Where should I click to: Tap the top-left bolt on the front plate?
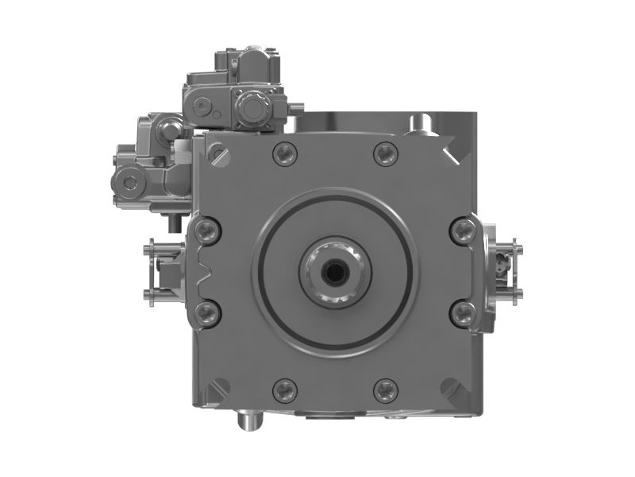(284, 153)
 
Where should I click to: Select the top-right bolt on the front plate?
(385, 153)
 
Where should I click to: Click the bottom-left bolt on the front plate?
(284, 390)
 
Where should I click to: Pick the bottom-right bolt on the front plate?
(385, 390)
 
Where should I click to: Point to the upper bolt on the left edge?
(207, 231)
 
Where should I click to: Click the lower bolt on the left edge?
(207, 312)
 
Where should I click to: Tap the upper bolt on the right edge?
(461, 231)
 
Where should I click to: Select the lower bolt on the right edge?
(461, 312)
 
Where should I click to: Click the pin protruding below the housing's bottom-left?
(248, 419)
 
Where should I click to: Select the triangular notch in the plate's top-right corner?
(457, 152)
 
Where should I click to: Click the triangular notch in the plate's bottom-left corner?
(213, 391)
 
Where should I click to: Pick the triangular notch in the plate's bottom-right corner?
(456, 390)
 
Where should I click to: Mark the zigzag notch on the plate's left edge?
(203, 272)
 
